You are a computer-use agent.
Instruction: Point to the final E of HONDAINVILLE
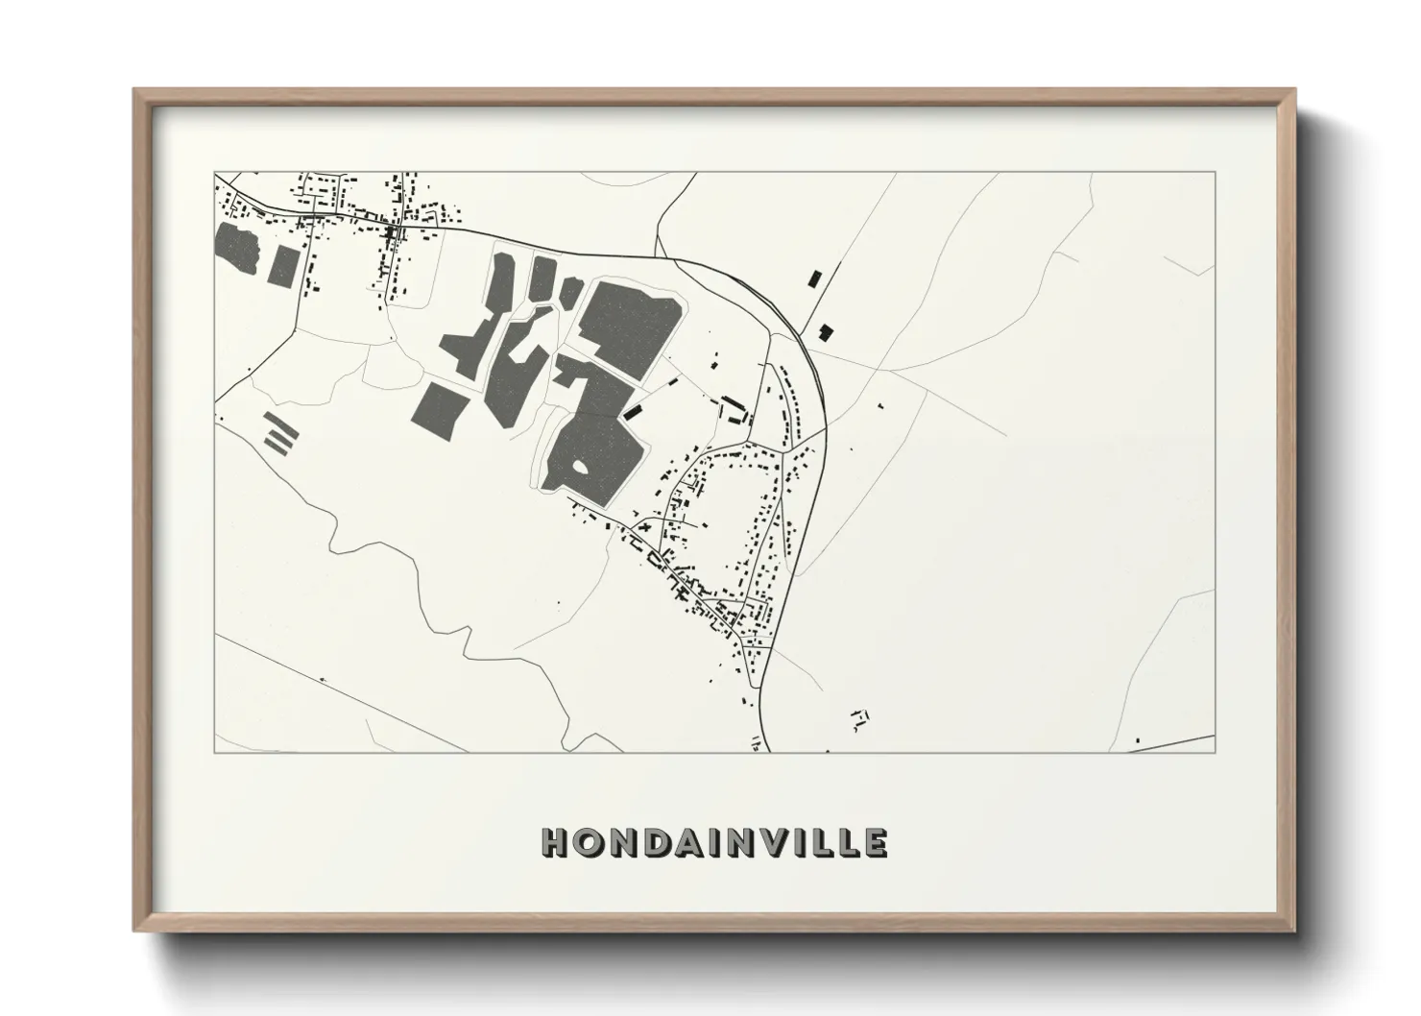[x=875, y=842]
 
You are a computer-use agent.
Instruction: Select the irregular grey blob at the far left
[x=237, y=249]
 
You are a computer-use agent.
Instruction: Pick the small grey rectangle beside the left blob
[x=285, y=265]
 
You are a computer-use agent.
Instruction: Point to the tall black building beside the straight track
[x=815, y=278]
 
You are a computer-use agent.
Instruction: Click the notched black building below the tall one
[x=825, y=332]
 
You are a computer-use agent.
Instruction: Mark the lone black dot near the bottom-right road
[x=1138, y=740]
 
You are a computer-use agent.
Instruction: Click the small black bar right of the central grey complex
[x=633, y=410]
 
